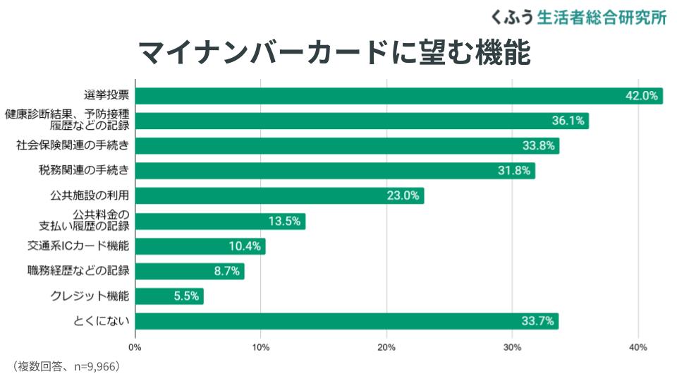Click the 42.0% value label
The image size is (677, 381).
click(x=642, y=96)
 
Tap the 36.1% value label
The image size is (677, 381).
click(x=568, y=121)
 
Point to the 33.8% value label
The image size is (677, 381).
click(x=539, y=146)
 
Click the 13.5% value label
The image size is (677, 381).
click(x=285, y=221)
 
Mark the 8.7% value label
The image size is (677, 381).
click(x=227, y=271)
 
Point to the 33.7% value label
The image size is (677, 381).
click(x=538, y=322)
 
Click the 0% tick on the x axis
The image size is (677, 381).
click(x=135, y=347)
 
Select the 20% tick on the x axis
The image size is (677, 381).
click(x=386, y=347)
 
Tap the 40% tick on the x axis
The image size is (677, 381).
click(x=638, y=347)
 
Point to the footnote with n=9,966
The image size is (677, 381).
click(x=67, y=366)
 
